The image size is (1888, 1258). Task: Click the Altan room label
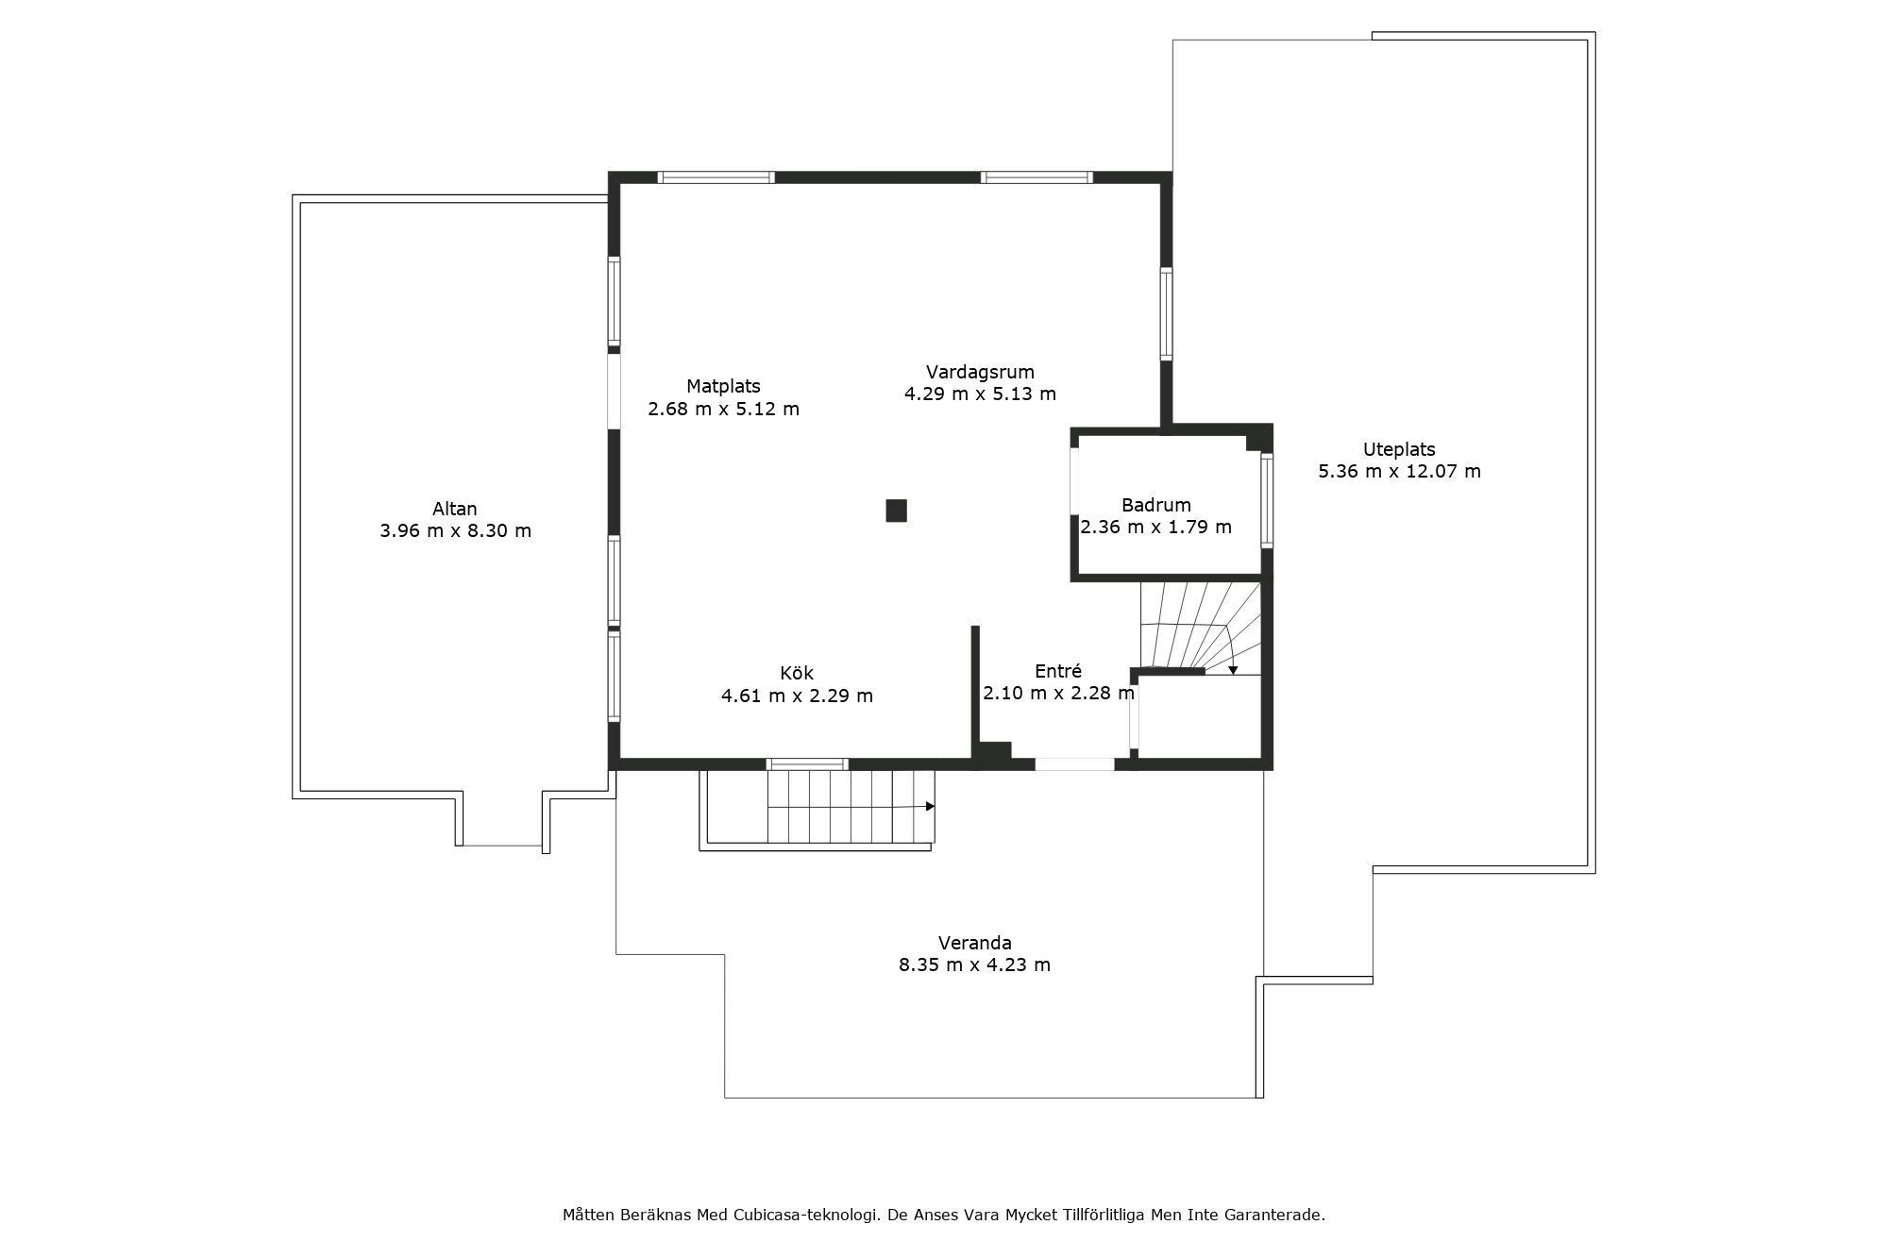point(455,509)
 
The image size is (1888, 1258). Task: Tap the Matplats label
point(723,386)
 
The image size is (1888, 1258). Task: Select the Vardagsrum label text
point(980,372)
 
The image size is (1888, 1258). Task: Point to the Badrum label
point(1155,505)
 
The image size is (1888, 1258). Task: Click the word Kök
point(797,673)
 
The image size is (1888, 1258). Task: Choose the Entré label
point(1057,671)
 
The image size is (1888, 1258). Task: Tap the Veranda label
point(974,943)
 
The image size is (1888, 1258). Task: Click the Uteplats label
point(1399,450)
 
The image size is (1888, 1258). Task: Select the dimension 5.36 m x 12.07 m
point(1399,471)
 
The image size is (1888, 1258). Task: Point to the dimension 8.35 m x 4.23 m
point(974,964)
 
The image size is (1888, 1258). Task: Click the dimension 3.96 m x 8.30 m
point(455,530)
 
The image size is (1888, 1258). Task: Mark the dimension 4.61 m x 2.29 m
point(797,696)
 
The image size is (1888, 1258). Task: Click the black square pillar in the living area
point(896,511)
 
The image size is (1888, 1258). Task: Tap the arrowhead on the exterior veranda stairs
point(930,806)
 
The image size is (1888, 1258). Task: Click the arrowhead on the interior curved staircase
point(1233,670)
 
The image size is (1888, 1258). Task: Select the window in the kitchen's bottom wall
point(807,764)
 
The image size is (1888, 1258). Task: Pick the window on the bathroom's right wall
point(1267,500)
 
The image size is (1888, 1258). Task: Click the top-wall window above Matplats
point(716,177)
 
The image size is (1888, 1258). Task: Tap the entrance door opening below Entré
point(1075,764)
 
